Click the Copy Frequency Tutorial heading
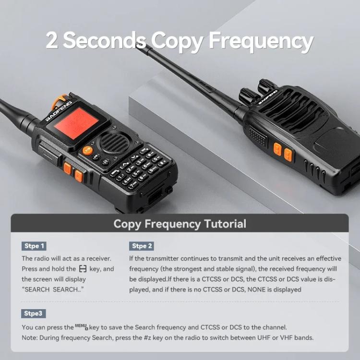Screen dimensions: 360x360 coord(180,224)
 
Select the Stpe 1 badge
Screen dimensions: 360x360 coord(35,246)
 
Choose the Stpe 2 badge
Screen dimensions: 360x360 coord(142,246)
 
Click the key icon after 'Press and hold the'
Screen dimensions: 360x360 coord(83,269)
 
